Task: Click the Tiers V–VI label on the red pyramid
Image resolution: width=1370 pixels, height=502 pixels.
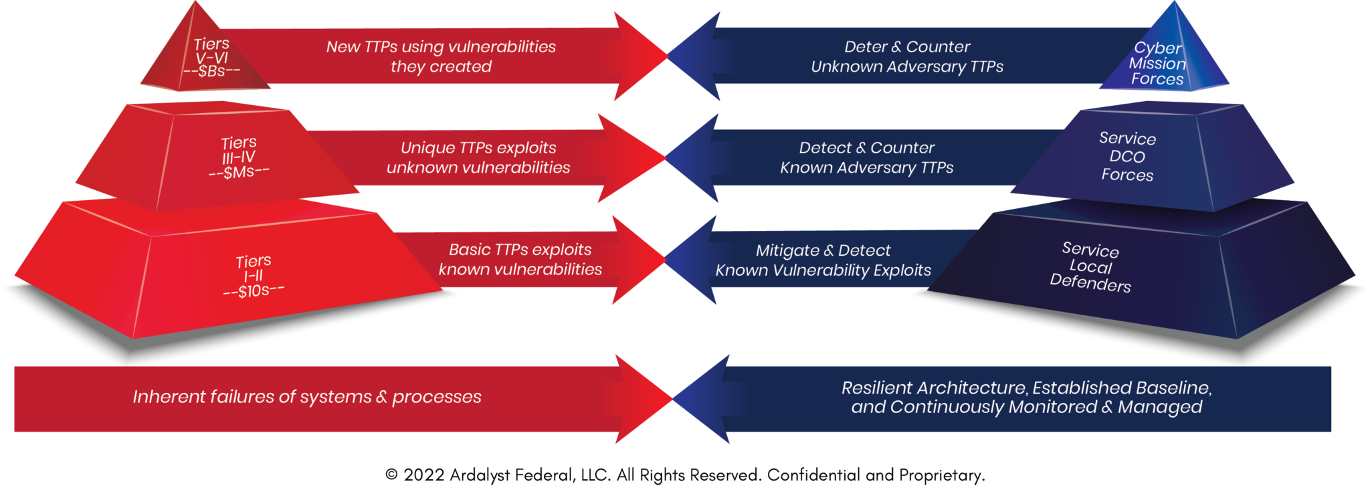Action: click(x=211, y=51)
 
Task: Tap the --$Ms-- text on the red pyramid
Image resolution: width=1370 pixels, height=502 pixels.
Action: click(x=239, y=172)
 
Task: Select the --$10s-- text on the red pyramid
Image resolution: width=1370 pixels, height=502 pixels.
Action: click(x=254, y=290)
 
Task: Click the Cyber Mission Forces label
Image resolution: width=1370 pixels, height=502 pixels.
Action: click(x=1157, y=64)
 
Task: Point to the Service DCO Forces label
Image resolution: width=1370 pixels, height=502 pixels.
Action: click(x=1127, y=157)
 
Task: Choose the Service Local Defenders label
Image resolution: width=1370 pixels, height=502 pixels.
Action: click(x=1090, y=267)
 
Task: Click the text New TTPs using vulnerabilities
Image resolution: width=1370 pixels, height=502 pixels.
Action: click(x=441, y=47)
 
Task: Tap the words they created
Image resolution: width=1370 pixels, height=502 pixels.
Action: click(x=441, y=67)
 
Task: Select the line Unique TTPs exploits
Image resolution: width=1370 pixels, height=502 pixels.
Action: click(x=478, y=148)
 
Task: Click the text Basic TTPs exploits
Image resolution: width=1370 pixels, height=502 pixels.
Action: click(x=520, y=250)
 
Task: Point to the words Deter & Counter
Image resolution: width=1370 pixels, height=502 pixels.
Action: click(x=907, y=47)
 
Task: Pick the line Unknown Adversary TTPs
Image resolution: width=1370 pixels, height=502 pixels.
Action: click(x=907, y=67)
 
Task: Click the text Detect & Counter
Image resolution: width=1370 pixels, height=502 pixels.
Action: click(x=866, y=148)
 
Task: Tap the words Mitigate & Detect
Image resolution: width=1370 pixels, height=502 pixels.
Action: click(x=823, y=250)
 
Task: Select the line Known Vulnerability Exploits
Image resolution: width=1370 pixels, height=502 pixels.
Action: click(x=823, y=270)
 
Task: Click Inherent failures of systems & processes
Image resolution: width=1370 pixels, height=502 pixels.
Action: click(x=307, y=397)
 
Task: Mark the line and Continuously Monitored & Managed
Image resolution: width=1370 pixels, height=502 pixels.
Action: click(x=1026, y=407)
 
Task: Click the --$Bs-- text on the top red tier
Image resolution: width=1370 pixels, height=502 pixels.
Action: click(x=211, y=71)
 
